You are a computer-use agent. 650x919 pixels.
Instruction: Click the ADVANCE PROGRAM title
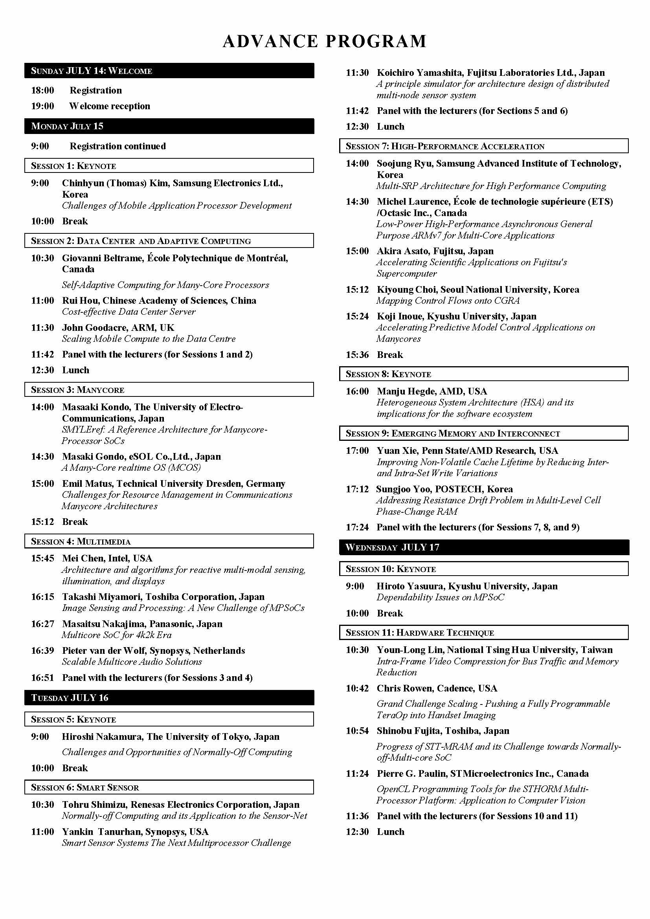pos(325,41)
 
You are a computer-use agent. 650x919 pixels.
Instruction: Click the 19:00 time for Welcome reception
pos(42,106)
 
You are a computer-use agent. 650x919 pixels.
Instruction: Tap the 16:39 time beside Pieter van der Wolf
pos(42,650)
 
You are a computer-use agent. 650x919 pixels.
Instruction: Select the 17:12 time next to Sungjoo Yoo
pos(357,489)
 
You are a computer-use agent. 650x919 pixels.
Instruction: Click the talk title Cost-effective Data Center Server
pos(129,312)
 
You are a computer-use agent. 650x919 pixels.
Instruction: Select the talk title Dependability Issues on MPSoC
pos(440,597)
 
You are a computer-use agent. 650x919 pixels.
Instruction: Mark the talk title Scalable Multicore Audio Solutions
pos(132,662)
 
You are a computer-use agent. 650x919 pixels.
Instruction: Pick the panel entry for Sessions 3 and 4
pos(157,678)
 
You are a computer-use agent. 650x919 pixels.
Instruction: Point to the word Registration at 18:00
pos(95,90)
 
